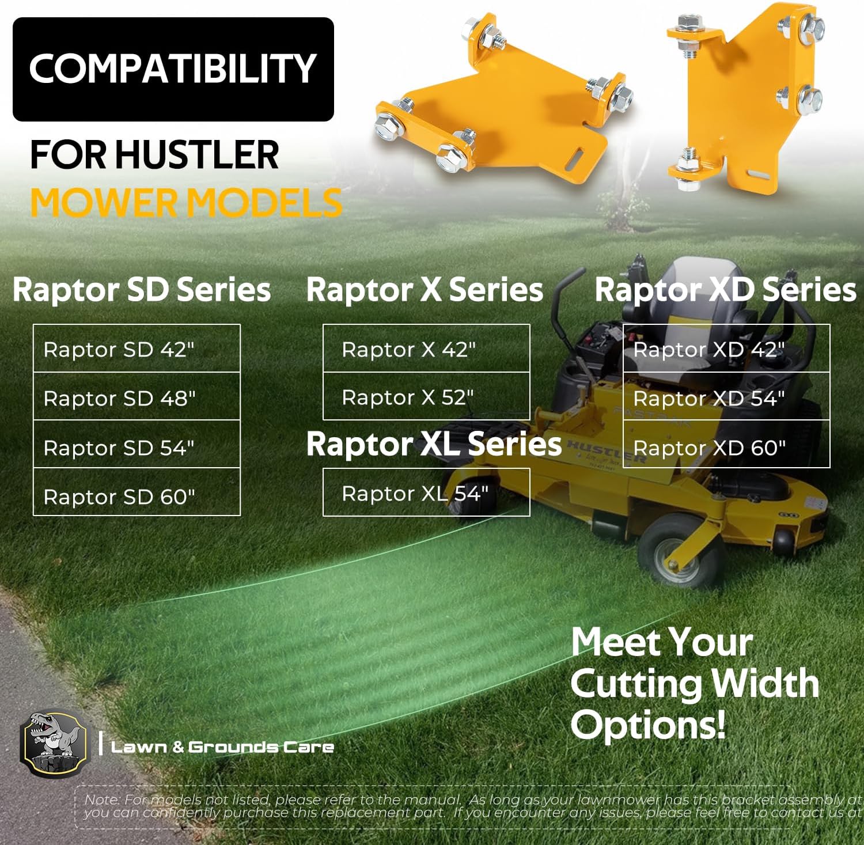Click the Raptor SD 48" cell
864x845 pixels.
[137, 397]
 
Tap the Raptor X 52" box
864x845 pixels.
[426, 397]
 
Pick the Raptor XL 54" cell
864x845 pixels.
[426, 493]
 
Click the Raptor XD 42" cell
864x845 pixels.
[726, 348]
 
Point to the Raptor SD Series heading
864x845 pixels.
[142, 289]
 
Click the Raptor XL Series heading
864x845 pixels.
[434, 444]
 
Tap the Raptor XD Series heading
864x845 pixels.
[725, 289]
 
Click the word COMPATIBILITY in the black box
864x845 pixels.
[173, 69]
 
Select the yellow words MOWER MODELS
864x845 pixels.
[186, 203]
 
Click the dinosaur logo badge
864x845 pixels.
[53, 744]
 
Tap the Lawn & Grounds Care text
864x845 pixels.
[222, 747]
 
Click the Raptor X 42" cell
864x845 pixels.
[426, 348]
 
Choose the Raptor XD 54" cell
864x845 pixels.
[726, 397]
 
